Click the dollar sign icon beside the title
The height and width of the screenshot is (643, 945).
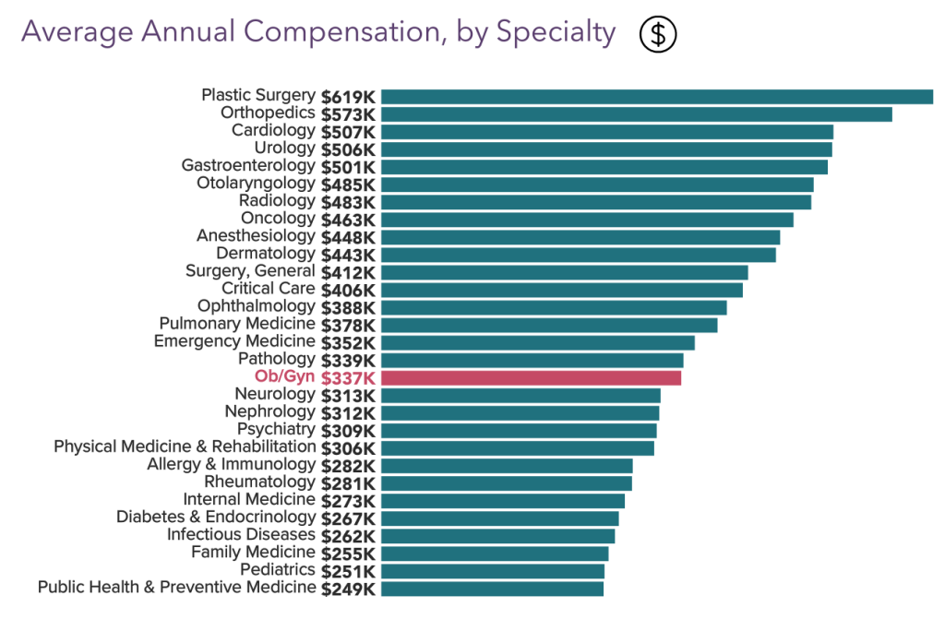click(x=658, y=34)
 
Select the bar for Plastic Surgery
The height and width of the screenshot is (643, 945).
click(x=656, y=96)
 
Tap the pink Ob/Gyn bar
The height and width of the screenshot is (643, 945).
click(x=531, y=377)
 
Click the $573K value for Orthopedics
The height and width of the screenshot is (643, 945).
click(x=348, y=113)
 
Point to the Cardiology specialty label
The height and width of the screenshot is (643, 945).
click(x=273, y=130)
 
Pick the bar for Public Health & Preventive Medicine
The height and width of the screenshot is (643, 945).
click(x=492, y=589)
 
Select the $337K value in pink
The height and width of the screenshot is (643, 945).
click(x=348, y=377)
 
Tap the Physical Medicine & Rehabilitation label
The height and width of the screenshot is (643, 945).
click(x=185, y=447)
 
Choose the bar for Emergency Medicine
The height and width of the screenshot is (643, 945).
click(x=537, y=342)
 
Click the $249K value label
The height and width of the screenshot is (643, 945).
click(x=348, y=589)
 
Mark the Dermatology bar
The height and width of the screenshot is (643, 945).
click(x=578, y=255)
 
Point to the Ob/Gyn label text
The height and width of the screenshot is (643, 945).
click(x=285, y=376)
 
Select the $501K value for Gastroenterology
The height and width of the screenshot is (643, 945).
click(x=348, y=166)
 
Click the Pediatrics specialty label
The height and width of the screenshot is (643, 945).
click(x=278, y=570)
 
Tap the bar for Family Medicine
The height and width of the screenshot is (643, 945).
click(x=495, y=554)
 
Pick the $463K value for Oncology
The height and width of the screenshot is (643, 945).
click(x=348, y=220)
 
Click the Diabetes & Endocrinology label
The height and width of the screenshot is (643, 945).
click(x=216, y=517)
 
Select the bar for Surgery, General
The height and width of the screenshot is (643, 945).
click(x=564, y=272)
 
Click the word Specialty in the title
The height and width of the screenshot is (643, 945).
click(x=556, y=32)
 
